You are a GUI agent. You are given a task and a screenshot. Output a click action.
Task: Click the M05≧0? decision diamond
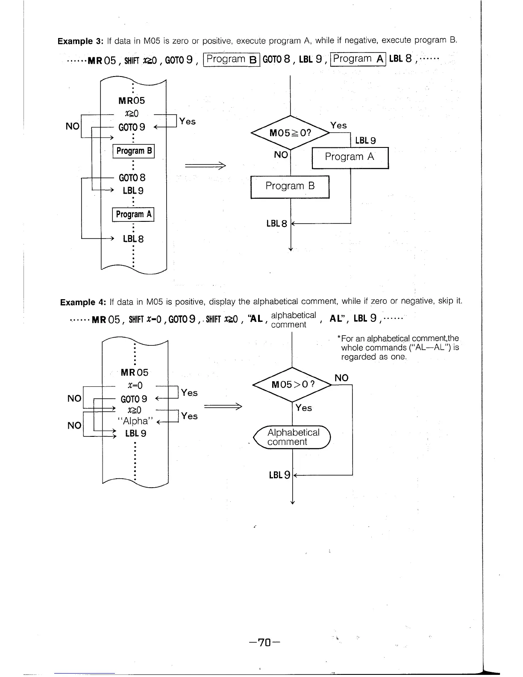click(x=290, y=133)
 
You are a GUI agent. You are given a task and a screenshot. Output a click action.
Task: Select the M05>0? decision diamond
click(x=292, y=384)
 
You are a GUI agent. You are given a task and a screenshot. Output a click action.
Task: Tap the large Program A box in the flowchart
click(x=350, y=157)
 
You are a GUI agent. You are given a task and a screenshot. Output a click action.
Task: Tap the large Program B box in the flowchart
click(x=290, y=187)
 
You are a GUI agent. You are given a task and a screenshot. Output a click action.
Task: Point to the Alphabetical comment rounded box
click(x=293, y=437)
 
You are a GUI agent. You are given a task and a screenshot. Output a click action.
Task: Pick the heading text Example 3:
click(x=81, y=41)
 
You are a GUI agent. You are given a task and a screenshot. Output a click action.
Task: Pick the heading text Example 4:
click(x=83, y=302)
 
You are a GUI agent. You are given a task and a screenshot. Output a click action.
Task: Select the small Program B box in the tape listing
click(x=133, y=151)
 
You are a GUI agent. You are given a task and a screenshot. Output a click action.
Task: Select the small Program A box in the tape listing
click(x=133, y=214)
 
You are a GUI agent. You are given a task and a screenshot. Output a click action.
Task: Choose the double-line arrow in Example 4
click(x=223, y=406)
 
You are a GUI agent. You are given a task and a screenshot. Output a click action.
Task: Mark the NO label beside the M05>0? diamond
click(x=341, y=378)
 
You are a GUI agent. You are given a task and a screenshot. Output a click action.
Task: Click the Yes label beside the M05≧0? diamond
click(x=338, y=125)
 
